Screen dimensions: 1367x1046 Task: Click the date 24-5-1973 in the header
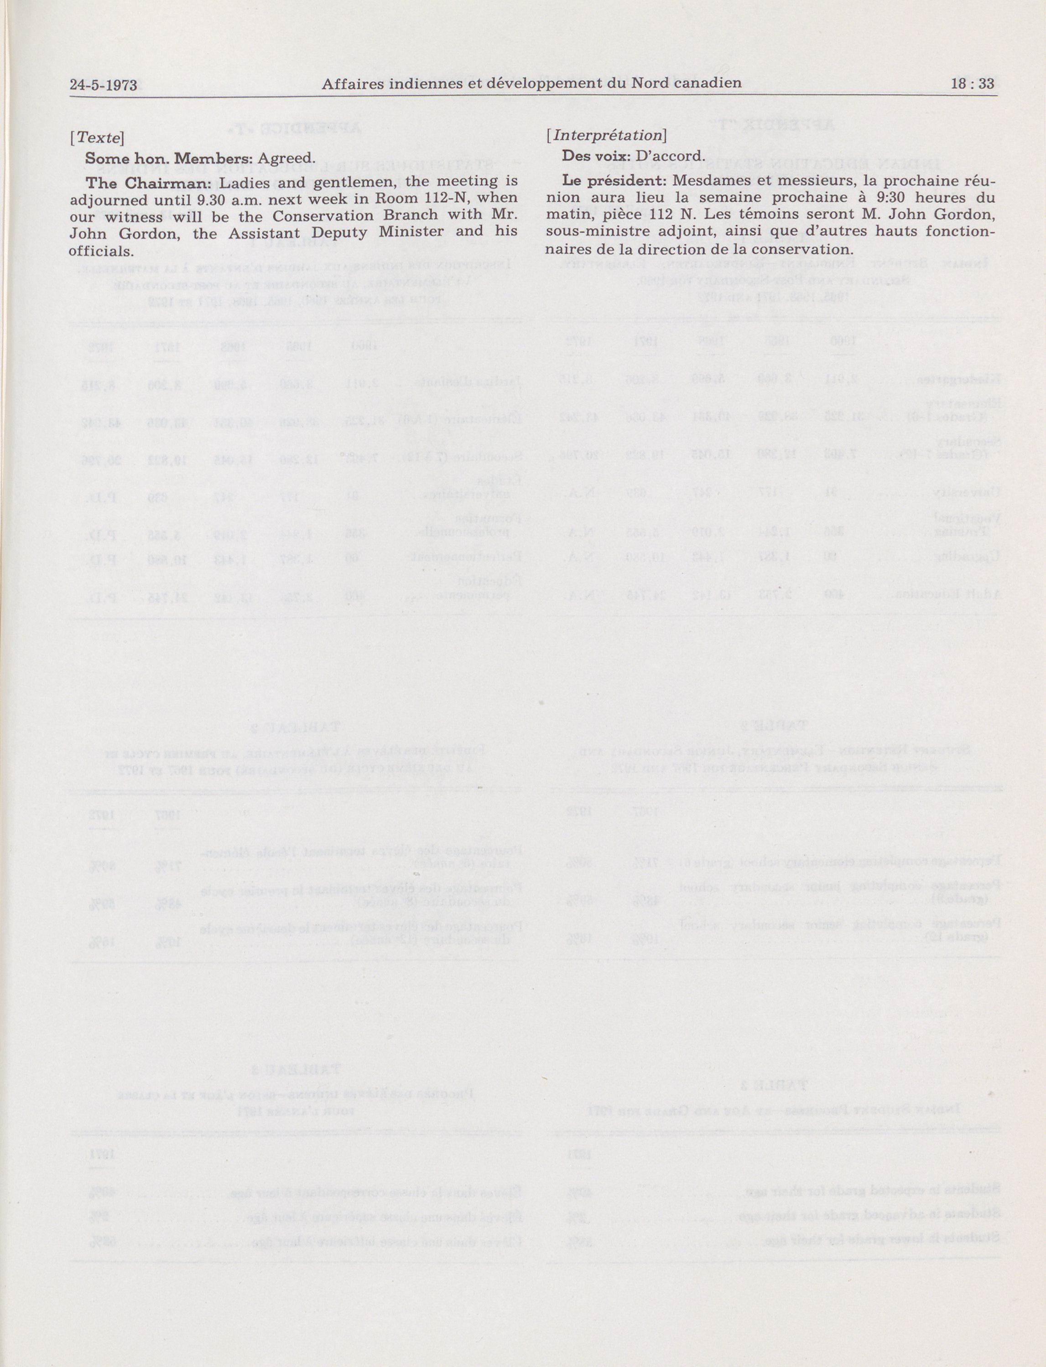(104, 85)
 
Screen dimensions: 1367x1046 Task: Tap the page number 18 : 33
(973, 83)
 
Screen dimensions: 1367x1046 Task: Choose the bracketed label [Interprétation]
(606, 135)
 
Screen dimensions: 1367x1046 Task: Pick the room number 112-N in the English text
(434, 198)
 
